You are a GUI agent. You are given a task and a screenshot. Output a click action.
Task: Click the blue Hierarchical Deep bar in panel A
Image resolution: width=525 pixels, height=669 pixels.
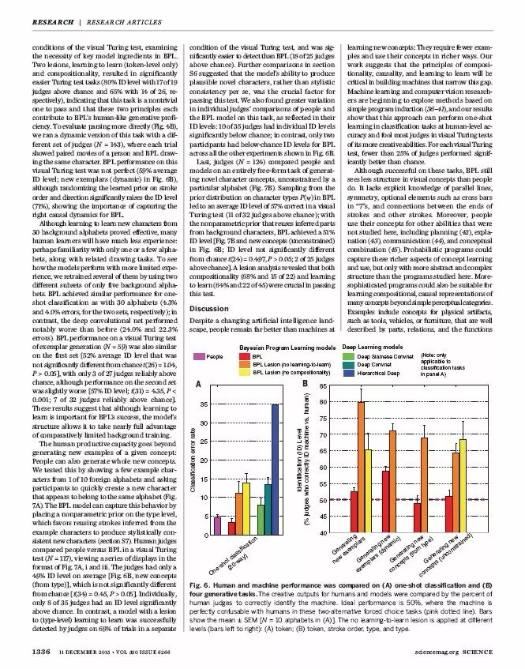(x=275, y=470)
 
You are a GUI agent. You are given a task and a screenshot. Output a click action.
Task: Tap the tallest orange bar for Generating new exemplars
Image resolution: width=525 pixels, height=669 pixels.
(x=362, y=469)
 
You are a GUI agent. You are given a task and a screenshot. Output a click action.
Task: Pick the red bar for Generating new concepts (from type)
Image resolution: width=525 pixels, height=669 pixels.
(x=417, y=518)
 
